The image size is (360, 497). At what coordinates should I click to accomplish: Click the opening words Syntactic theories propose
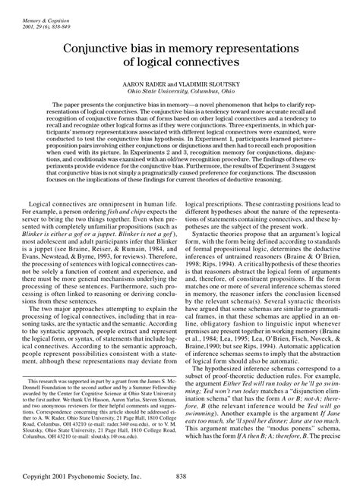pyautogui.click(x=228, y=247)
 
